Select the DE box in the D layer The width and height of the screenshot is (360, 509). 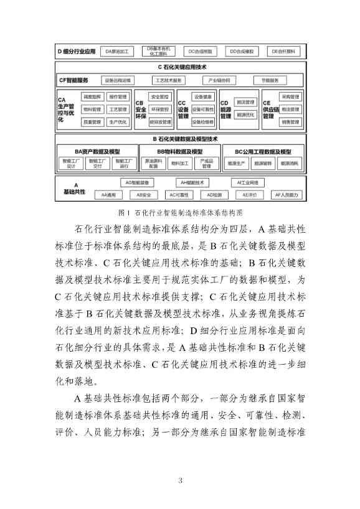[282, 51]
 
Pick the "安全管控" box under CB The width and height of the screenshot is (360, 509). [161, 97]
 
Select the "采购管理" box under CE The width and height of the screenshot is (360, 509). [290, 97]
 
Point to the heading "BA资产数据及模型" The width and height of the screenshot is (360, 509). [97, 151]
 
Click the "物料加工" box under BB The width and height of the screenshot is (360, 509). [181, 164]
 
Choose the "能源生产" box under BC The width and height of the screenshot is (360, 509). [237, 164]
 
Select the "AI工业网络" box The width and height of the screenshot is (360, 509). [247, 183]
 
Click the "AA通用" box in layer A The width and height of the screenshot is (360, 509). [109, 195]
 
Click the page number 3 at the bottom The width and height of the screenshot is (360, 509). [180, 480]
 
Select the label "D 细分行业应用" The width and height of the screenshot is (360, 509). [76, 51]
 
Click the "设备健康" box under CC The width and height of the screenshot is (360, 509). [203, 97]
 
